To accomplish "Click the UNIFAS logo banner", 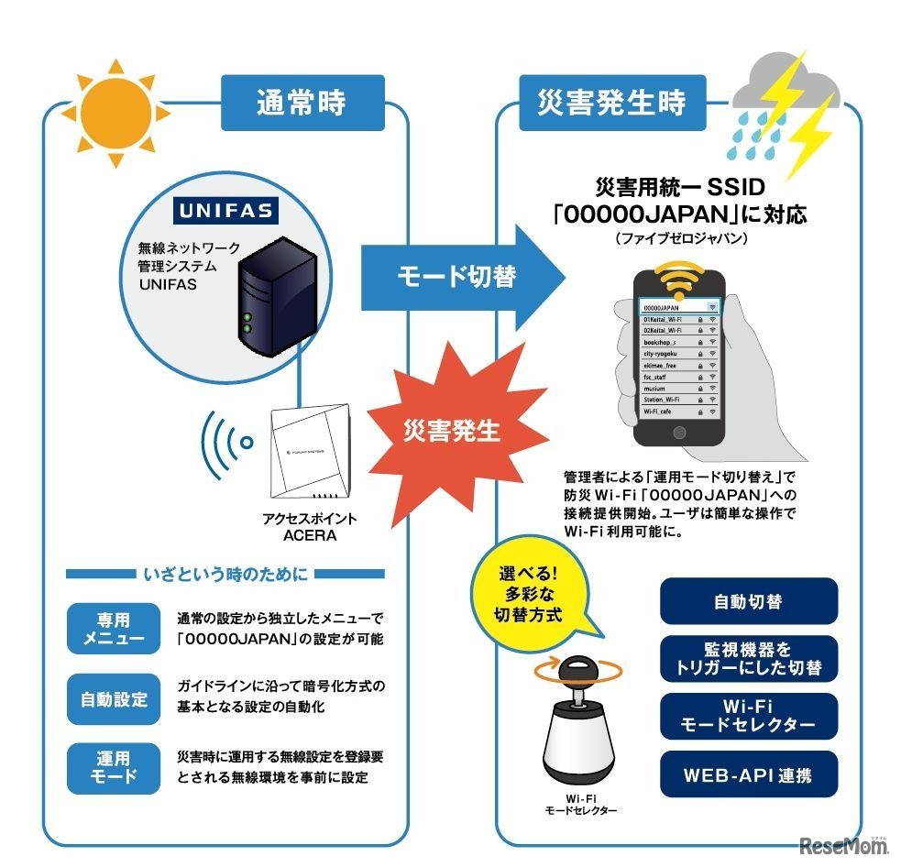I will click(x=225, y=212).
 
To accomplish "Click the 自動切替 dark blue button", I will click(x=748, y=602).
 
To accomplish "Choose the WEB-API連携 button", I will click(x=748, y=775).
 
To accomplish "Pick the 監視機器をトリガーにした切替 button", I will click(x=748, y=659).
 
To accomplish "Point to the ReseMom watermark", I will click(x=838, y=845).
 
